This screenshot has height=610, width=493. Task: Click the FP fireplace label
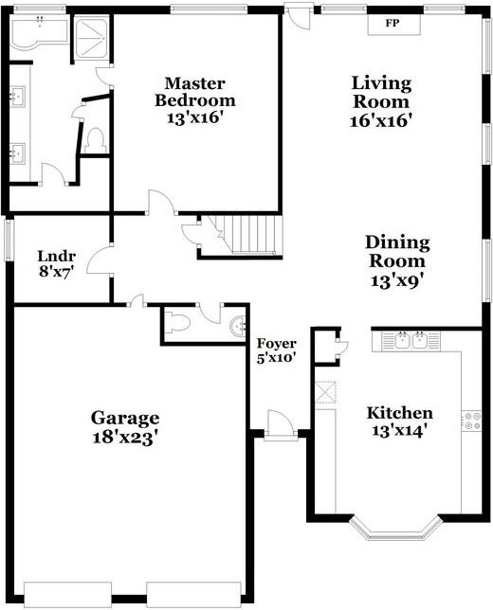pos(393,23)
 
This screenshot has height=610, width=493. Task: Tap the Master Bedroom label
pos(195,92)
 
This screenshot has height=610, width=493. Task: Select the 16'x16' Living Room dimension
pos(381,121)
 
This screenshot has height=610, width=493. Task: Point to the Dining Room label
pos(397,251)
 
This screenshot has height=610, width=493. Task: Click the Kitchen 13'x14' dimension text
pos(397,431)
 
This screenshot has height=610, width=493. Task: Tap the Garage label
pos(125,419)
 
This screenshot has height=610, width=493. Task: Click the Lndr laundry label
pos(57,257)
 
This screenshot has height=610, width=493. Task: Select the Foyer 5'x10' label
pos(276,350)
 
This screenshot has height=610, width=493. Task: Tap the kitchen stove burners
pos(471,421)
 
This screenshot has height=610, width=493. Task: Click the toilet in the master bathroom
pos(95,141)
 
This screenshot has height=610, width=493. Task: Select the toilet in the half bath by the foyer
pos(177,323)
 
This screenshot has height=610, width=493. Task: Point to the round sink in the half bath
pos(238,325)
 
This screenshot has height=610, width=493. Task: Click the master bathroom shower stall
pos(91,39)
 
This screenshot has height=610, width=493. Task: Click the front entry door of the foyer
pos(281,423)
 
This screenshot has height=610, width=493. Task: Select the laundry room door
pos(100,260)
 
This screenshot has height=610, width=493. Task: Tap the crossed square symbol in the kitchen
pos(325,392)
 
